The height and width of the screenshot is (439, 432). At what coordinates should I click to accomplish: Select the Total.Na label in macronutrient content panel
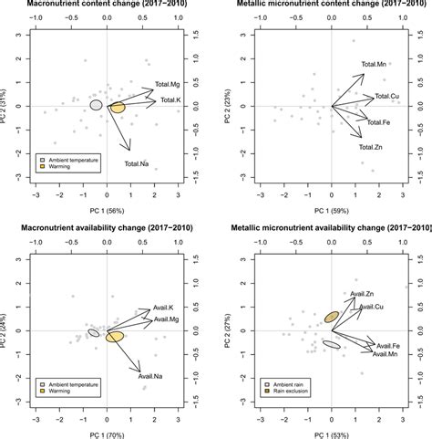pyautogui.click(x=136, y=164)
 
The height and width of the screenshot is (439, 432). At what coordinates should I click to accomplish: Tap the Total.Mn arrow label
pyautogui.click(x=375, y=64)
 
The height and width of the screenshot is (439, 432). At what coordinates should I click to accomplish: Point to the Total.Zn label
pyautogui.click(x=370, y=147)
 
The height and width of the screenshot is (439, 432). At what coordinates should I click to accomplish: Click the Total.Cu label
pyautogui.click(x=387, y=97)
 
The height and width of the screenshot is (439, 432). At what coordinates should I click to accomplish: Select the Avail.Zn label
pyautogui.click(x=363, y=293)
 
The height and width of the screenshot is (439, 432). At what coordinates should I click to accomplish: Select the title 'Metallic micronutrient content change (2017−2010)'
pyautogui.click(x=332, y=5)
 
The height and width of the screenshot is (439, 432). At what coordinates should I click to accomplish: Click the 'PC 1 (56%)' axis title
pyautogui.click(x=108, y=212)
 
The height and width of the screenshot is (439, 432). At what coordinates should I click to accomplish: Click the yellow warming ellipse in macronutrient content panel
pyautogui.click(x=118, y=109)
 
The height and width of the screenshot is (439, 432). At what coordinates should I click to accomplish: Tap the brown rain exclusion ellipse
pyautogui.click(x=332, y=317)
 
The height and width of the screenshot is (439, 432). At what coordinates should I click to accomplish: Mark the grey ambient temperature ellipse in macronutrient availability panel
pyautogui.click(x=93, y=333)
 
